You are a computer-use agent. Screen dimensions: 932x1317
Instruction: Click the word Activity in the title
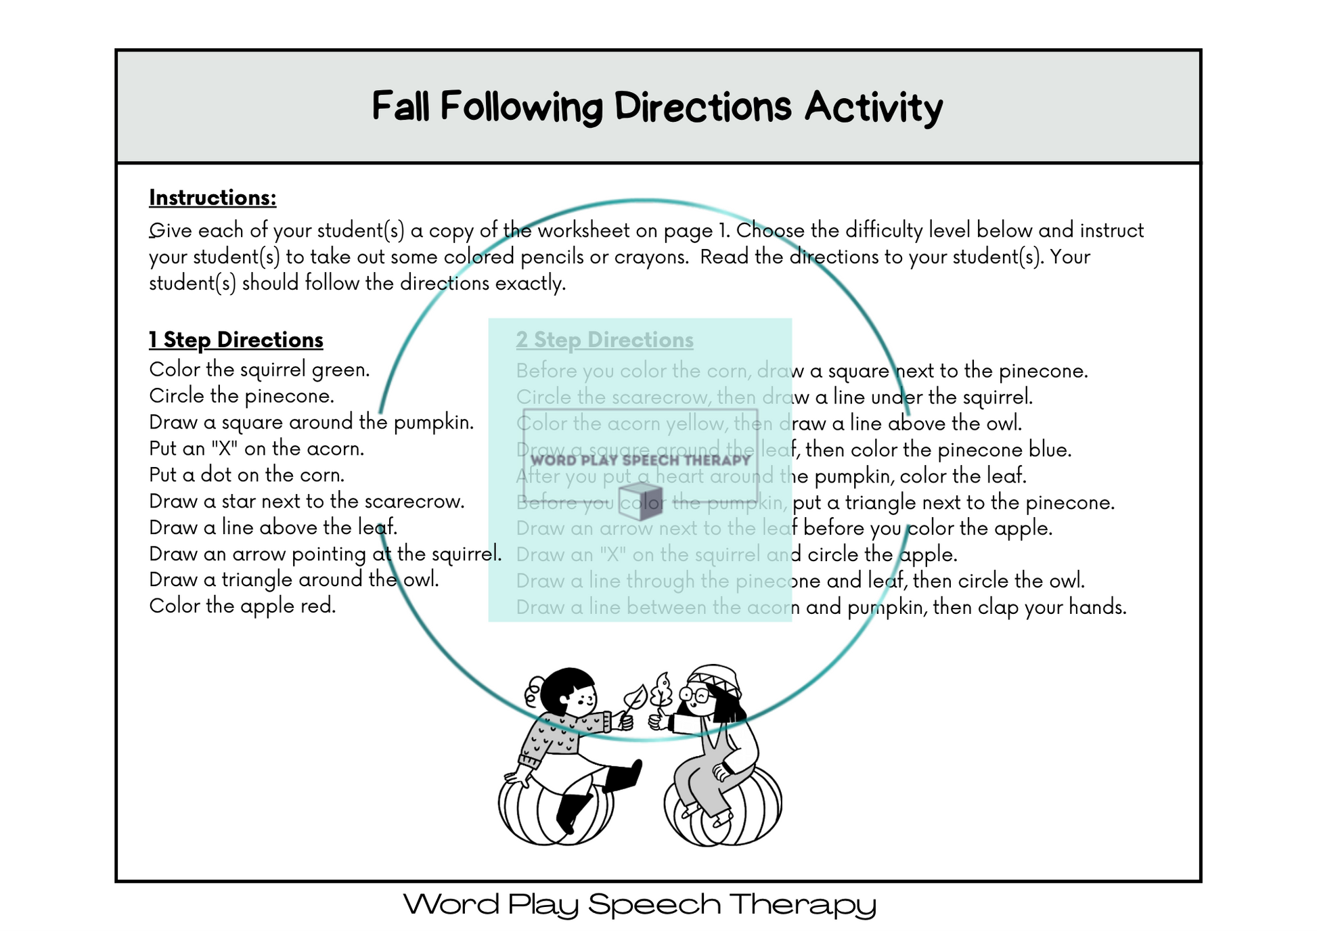pos(873,108)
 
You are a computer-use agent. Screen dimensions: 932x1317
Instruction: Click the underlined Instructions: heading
pos(213,198)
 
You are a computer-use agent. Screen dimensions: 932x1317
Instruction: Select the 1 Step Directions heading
pos(236,340)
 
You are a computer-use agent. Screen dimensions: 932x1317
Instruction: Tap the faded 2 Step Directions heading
pos(604,340)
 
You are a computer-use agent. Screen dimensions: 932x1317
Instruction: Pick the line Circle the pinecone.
pos(242,396)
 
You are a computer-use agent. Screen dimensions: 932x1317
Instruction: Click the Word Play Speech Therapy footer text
pos(640,904)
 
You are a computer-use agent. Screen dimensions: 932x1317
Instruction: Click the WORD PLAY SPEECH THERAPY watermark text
pos(640,460)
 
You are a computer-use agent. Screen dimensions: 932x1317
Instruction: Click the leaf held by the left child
pos(635,697)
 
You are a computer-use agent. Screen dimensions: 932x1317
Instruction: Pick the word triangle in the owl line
pos(257,580)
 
